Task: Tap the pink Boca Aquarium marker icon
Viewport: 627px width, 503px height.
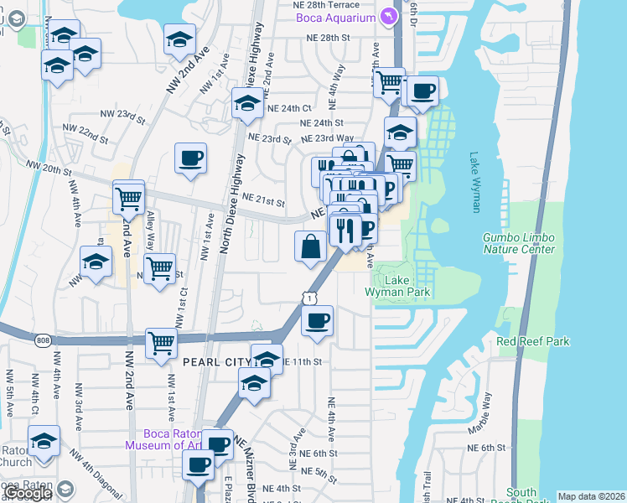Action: point(388,16)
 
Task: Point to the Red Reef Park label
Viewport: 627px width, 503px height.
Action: point(533,341)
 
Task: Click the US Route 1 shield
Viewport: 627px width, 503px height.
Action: point(310,298)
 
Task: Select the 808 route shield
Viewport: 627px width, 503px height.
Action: point(44,340)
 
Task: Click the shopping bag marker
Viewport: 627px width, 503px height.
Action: point(310,246)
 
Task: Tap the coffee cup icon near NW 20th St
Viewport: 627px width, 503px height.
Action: point(191,157)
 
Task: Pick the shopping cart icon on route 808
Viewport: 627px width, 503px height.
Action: point(161,341)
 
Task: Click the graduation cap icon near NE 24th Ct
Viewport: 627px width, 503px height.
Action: point(246,104)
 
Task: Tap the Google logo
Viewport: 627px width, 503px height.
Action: point(27,493)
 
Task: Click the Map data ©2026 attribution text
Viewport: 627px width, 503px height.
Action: point(591,496)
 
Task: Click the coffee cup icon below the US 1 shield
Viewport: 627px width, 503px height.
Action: point(317,321)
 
